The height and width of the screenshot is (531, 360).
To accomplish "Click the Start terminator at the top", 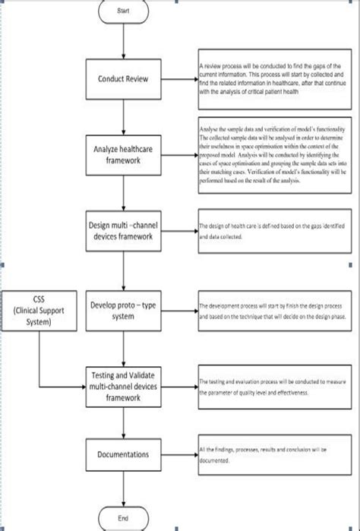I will (x=124, y=11).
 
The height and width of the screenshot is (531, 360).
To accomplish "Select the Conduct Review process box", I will (x=124, y=79).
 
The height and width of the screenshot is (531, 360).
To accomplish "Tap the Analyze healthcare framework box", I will (x=124, y=152).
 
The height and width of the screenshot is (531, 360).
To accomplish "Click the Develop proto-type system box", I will (x=124, y=311).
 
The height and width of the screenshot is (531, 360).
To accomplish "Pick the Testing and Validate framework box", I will (x=124, y=384).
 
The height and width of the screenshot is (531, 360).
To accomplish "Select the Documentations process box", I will (x=124, y=455).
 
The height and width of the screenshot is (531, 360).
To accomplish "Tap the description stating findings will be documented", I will (x=273, y=456).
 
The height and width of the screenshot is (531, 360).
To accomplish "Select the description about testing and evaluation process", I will (x=273, y=387).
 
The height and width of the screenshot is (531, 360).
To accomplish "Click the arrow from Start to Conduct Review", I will (x=124, y=41).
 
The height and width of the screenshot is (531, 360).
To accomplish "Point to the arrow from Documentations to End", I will (x=124, y=490).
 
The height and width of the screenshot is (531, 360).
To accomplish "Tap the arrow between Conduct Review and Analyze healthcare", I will (x=124, y=114).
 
